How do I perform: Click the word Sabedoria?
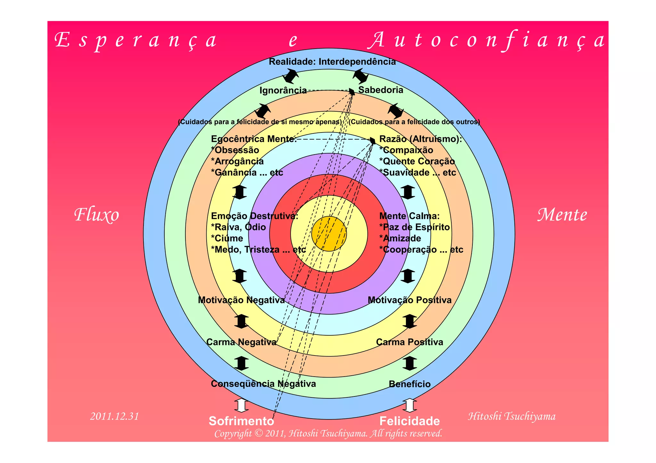coord(381,90)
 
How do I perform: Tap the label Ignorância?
coord(283,91)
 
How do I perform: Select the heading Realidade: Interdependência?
coord(332,62)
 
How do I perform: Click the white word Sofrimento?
coord(241,421)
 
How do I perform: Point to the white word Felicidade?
coord(409,421)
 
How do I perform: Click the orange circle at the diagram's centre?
coord(329,234)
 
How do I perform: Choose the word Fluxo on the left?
coord(96,215)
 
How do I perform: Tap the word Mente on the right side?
coord(562,215)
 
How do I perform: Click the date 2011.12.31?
coord(114,416)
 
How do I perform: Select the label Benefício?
coord(409,384)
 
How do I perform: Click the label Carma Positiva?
coord(409,342)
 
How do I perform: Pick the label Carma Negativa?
coord(241,342)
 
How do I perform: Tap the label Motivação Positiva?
coord(409,300)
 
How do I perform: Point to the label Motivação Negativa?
coord(241,300)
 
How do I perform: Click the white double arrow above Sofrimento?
coord(241,405)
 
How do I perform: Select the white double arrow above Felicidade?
coord(409,405)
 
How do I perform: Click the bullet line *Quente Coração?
coord(417,161)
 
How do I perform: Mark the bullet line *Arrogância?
coord(237,161)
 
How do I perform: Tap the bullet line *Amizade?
coord(400,238)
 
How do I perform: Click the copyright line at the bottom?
coord(328,434)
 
